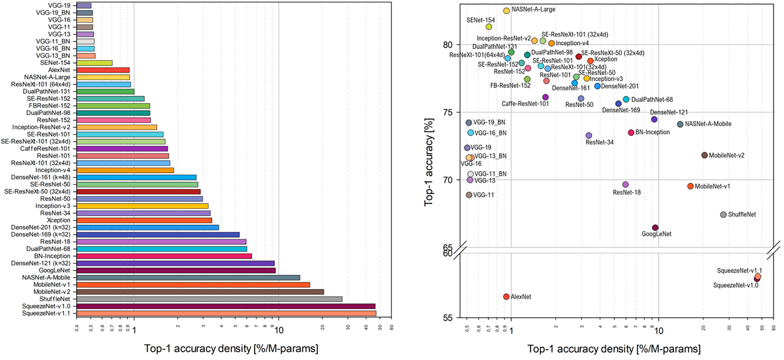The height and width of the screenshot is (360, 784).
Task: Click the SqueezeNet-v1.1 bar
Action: [226, 313]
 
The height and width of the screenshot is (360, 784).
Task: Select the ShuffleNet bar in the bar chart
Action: [209, 299]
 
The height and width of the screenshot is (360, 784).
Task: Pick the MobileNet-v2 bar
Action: [200, 292]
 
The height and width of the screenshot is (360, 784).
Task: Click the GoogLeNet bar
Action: [175, 270]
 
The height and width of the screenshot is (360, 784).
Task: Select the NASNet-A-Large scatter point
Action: [506, 11]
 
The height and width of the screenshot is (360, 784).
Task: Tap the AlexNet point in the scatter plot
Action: [506, 297]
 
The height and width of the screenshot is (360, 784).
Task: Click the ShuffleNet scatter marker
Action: [723, 214]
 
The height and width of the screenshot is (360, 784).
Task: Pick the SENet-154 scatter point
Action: [489, 27]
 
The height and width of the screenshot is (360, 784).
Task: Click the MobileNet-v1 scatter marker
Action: [690, 186]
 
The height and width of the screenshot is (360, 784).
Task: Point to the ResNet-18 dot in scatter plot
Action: [625, 185]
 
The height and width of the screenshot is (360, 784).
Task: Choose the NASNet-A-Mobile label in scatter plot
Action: [710, 124]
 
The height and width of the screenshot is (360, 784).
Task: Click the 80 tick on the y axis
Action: [447, 45]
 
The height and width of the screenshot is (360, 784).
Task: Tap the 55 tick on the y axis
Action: [447, 318]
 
